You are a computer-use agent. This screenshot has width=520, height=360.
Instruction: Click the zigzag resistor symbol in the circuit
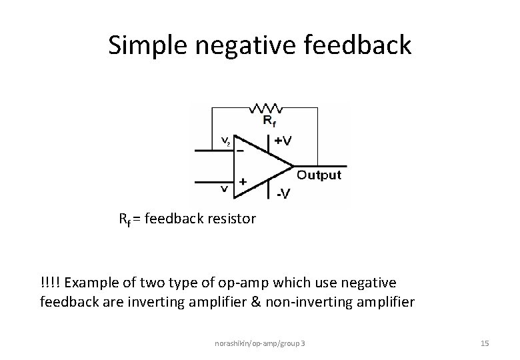coord(265,107)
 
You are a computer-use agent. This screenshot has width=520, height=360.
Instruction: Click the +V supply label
coord(283,141)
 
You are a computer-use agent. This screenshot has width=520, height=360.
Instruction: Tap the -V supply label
coord(283,194)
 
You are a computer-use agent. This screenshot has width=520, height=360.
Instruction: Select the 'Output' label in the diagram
coord(319,175)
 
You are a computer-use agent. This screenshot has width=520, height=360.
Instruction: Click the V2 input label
coord(225,141)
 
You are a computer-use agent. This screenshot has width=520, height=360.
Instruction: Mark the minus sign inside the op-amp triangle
coord(240,151)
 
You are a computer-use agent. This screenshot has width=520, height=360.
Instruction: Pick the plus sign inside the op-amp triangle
coord(243,181)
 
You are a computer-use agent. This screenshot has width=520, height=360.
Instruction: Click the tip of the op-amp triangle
coord(293,165)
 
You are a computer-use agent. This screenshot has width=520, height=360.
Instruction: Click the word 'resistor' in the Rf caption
coord(232,218)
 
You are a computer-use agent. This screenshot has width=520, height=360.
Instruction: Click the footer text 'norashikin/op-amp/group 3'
coord(260,343)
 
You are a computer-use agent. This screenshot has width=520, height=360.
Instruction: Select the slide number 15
coord(485,343)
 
